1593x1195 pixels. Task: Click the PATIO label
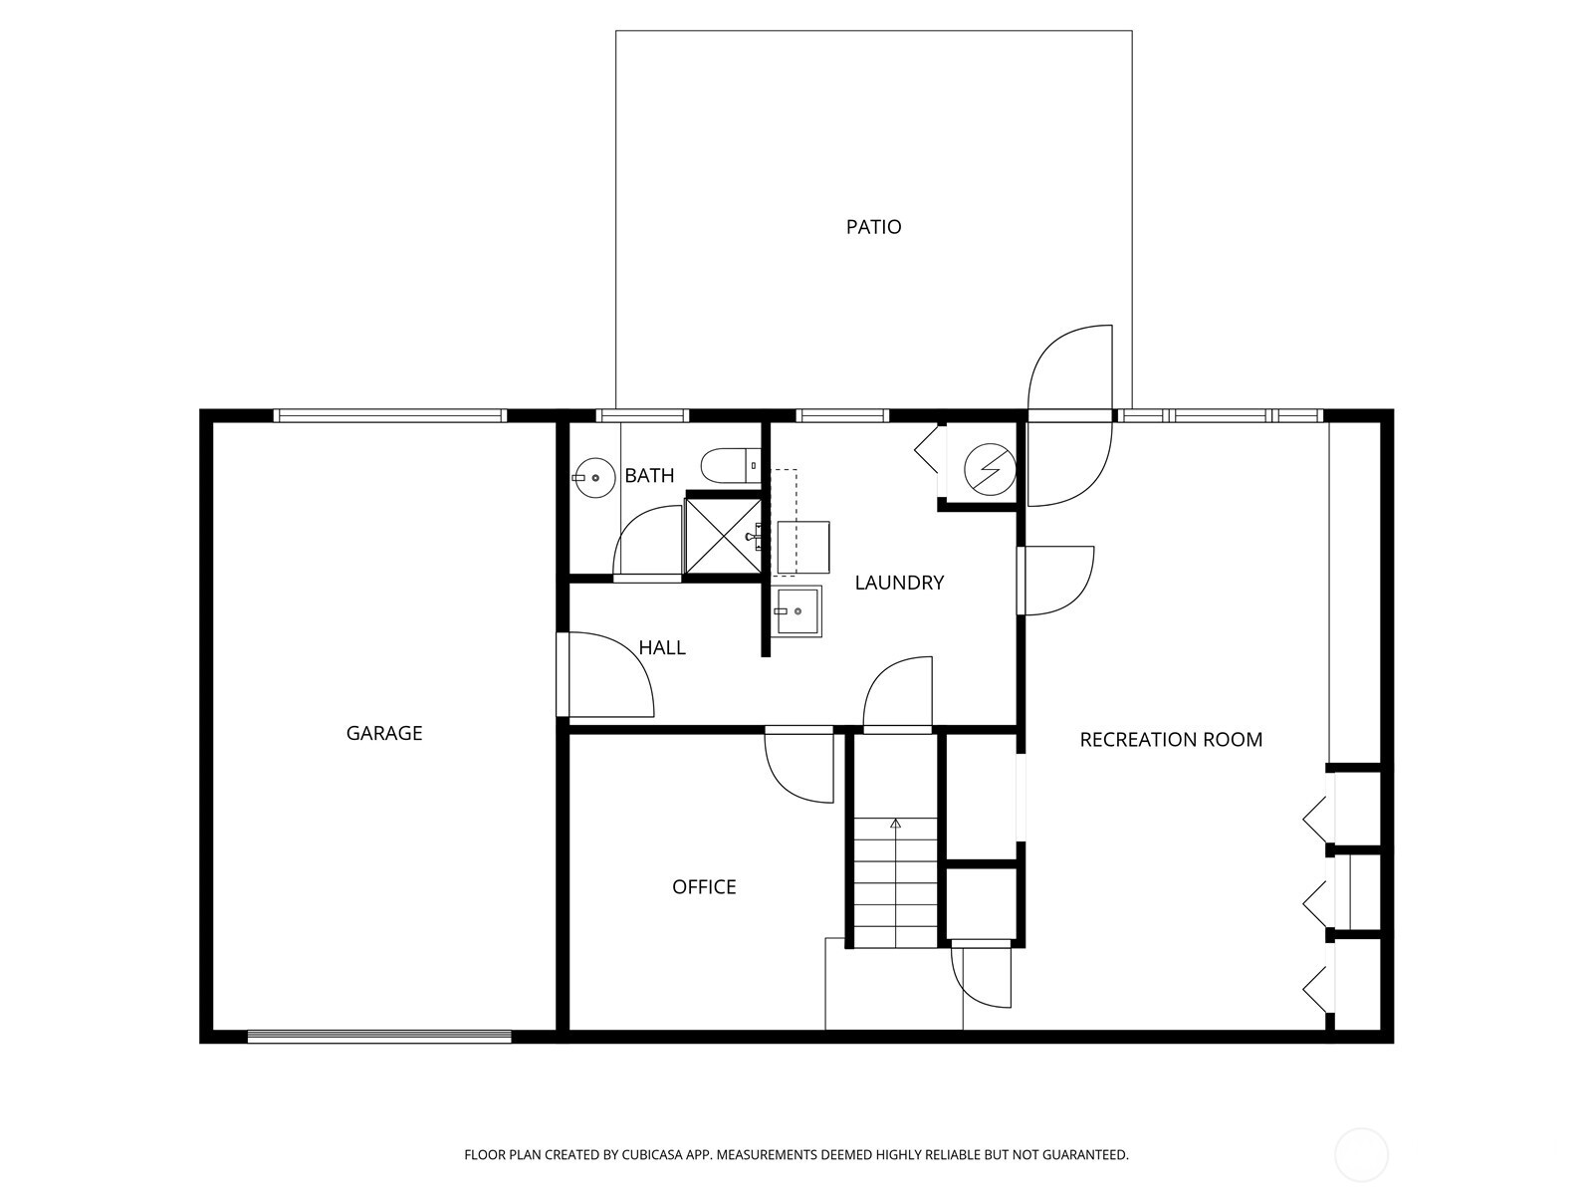(873, 227)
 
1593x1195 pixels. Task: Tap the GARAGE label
(384, 733)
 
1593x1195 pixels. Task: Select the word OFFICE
(704, 886)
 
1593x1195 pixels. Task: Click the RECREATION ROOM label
(1171, 739)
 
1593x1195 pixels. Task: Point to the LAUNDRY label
(899, 583)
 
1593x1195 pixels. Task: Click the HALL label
(662, 647)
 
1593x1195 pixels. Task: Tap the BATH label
(649, 476)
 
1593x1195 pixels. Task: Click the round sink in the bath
(595, 478)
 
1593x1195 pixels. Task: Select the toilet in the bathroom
(727, 465)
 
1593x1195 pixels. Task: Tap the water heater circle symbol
(991, 468)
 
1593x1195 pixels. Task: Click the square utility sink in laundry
(797, 610)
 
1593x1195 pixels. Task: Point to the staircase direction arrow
(895, 824)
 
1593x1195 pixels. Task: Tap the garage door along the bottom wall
(378, 1037)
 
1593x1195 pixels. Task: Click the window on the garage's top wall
(389, 416)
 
